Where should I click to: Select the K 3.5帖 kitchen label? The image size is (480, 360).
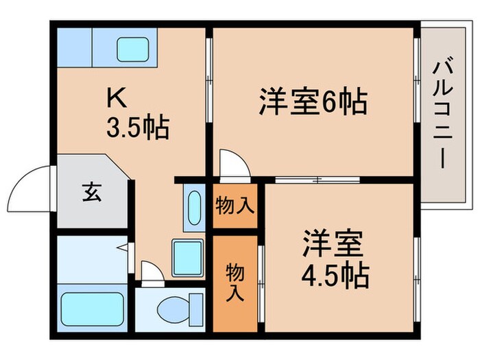137,114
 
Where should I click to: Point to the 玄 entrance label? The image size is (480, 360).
92,193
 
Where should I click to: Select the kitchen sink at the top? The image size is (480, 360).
135,47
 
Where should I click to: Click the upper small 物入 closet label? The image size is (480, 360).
235,204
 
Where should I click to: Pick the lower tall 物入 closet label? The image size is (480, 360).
235,281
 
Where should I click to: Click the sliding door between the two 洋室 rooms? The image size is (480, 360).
317,180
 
